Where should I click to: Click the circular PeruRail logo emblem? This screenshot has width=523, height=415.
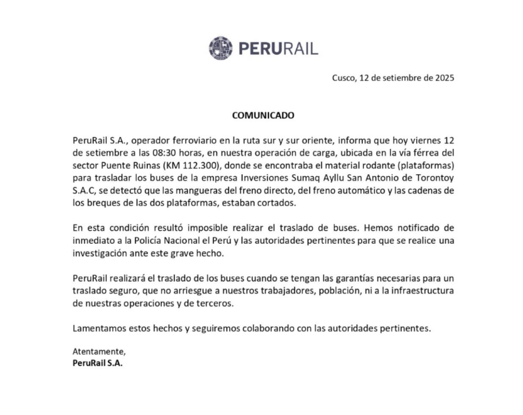220,48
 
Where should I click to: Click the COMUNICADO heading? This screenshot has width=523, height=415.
263,115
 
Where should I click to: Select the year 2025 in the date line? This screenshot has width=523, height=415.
444,78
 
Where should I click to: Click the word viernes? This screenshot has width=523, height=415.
427,140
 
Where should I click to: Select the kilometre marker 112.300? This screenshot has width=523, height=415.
202,165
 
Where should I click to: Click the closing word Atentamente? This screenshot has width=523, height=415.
99,352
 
